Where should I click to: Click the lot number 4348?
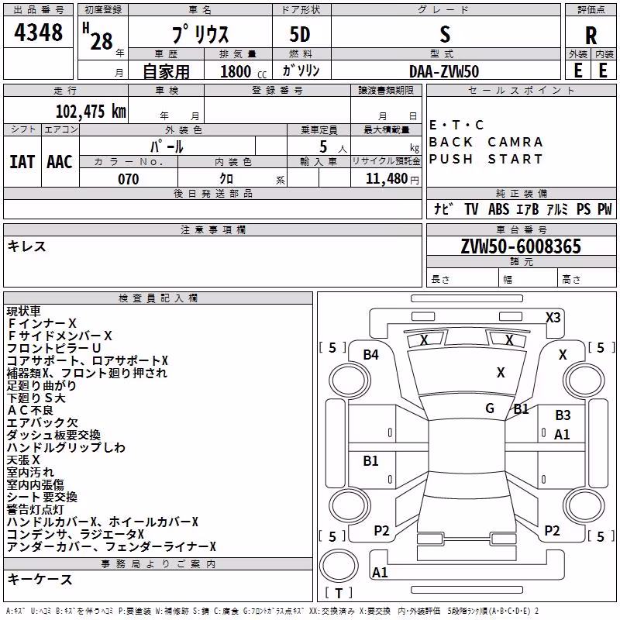(38, 33)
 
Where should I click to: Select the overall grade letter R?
(591, 36)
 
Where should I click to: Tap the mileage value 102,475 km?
(91, 112)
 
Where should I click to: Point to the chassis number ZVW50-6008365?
(521, 246)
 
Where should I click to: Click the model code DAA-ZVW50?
(444, 71)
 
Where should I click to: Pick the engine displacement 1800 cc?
(243, 71)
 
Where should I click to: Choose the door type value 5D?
(300, 35)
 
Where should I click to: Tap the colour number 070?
(129, 179)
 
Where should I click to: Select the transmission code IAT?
(22, 162)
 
